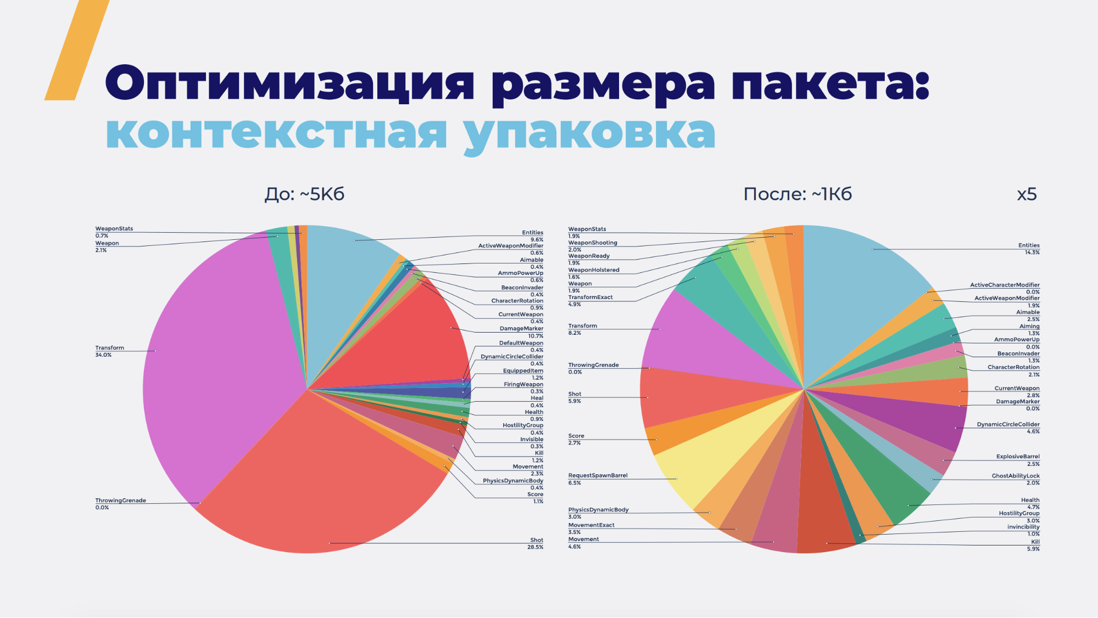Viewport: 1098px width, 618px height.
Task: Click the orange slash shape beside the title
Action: [77, 50]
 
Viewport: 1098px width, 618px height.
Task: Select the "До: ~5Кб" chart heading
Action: [304, 194]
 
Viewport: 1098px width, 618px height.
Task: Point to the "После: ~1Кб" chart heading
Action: [797, 194]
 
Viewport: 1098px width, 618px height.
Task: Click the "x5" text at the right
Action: [1027, 194]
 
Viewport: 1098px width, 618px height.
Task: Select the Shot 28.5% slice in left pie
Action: [324, 483]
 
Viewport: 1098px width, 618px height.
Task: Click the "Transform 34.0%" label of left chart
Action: [110, 351]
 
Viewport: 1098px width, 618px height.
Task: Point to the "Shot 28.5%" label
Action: [535, 543]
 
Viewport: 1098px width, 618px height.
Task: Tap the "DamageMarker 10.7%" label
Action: [521, 332]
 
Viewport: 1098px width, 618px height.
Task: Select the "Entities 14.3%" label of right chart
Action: [1028, 249]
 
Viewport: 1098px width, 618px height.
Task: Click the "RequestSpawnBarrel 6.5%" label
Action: [598, 479]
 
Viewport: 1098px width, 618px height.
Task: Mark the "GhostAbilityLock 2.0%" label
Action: [1016, 479]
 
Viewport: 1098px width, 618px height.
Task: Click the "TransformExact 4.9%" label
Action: [590, 301]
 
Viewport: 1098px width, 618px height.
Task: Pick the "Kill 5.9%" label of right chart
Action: [1034, 545]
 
